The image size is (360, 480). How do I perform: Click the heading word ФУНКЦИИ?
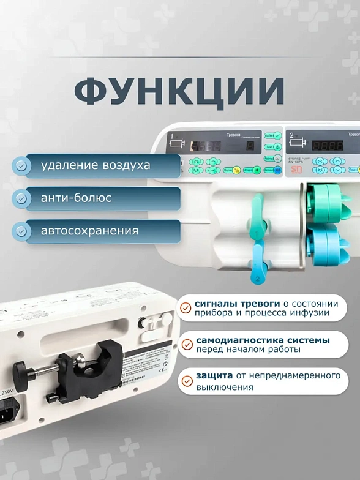(x=179, y=91)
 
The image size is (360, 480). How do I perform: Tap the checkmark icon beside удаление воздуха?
(x=21, y=165)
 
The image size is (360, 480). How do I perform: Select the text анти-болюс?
(x=76, y=198)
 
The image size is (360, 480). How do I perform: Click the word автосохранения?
(x=89, y=231)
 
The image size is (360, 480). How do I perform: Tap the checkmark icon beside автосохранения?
(x=21, y=231)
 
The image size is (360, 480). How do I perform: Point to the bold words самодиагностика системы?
(x=263, y=340)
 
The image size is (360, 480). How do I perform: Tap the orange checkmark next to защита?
(x=186, y=381)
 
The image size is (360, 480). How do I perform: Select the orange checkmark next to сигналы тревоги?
(x=186, y=308)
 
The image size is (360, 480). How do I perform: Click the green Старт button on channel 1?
(x=252, y=170)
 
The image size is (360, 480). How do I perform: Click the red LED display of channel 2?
(x=328, y=146)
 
